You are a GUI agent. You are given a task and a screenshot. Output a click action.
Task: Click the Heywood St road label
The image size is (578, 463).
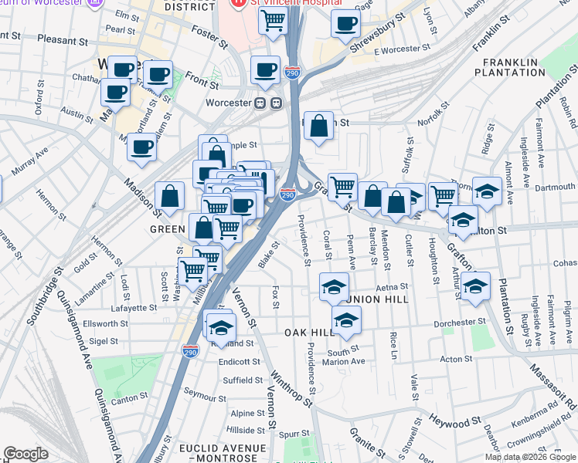[449, 423]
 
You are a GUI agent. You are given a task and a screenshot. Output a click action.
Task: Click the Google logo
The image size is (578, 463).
[25, 453]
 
